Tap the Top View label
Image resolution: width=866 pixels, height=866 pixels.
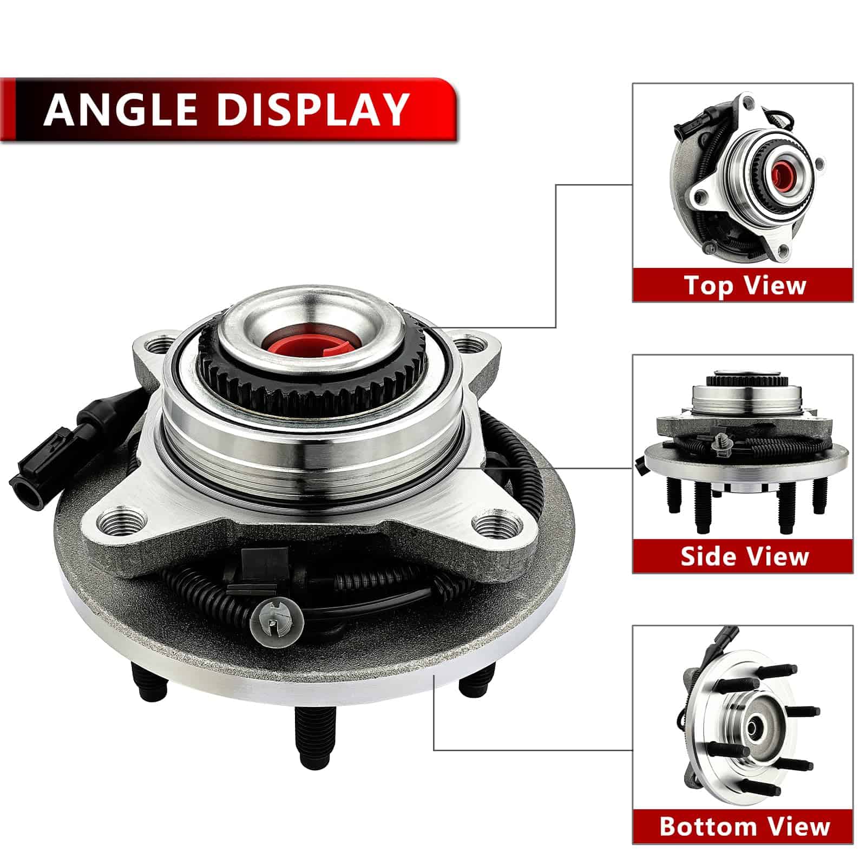(x=745, y=285)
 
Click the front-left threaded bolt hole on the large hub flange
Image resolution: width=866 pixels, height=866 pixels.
(x=121, y=523)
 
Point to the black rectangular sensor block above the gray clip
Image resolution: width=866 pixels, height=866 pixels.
(x=264, y=561)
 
